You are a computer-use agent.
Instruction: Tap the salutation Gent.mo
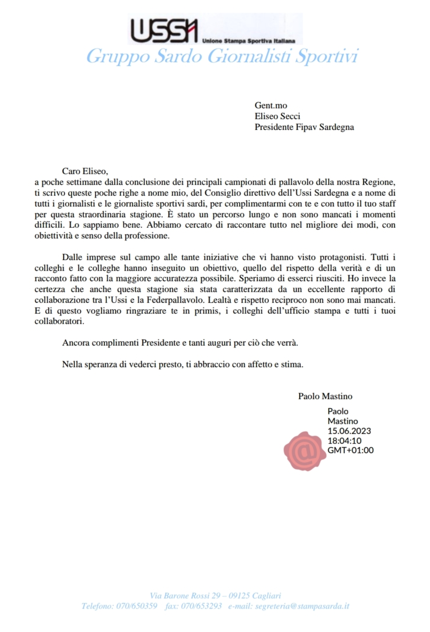point(271,105)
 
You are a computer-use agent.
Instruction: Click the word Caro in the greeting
point(71,171)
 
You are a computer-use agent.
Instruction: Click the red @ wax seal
point(306,451)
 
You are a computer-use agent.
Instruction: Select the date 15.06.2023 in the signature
point(349,431)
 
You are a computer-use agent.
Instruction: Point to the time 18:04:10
point(345,441)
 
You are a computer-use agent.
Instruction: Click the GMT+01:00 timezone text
point(351,450)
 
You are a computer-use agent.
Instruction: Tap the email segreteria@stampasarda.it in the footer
point(302,606)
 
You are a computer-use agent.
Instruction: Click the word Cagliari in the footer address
point(266,596)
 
